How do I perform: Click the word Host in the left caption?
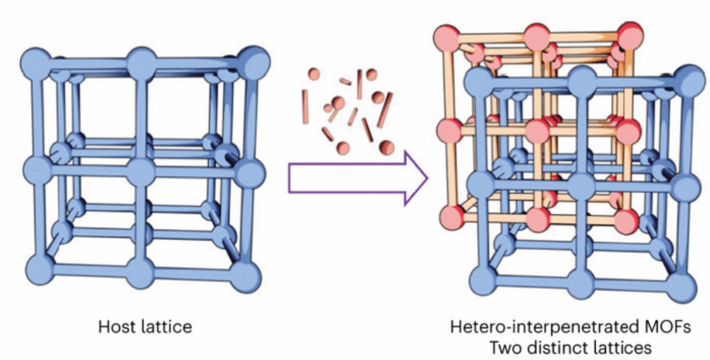point(112,328)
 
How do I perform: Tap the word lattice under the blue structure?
point(160,328)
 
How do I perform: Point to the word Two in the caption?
point(508,347)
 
